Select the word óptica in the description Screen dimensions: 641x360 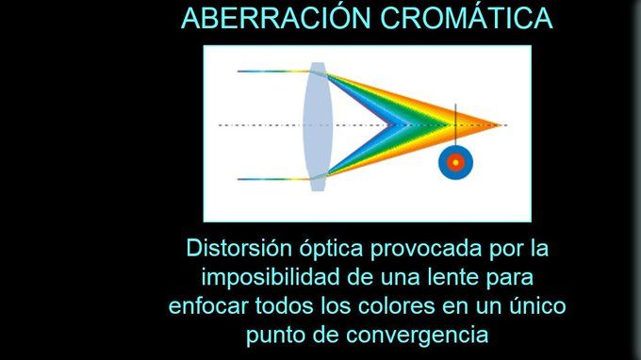coord(332,249)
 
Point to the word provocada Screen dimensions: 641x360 coord(426,249)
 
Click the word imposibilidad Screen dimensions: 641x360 coord(271,277)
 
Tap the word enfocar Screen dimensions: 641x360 coord(208,306)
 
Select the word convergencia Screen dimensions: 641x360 coord(418,335)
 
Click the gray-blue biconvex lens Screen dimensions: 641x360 coord(318,126)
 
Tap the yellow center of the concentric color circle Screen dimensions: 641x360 coord(455,163)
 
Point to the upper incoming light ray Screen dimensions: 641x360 coord(274,72)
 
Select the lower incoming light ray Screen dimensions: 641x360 coord(274,179)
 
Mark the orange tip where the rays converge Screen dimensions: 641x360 coord(501,125)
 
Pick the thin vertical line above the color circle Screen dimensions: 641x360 coord(455,124)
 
